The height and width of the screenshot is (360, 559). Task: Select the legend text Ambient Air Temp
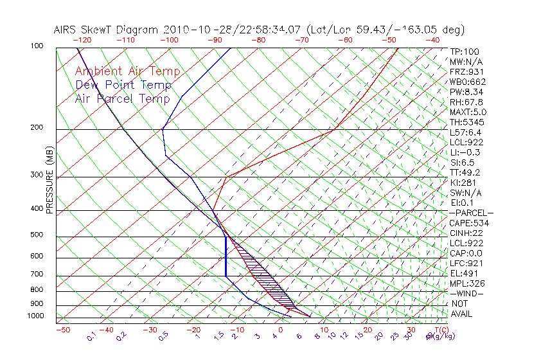pos(127,71)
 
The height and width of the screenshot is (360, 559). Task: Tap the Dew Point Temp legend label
pos(123,85)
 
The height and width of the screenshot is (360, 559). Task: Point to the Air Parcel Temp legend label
pos(122,98)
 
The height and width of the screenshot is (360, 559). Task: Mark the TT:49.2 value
pos(464,172)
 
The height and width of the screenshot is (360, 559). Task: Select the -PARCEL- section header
pos(471,213)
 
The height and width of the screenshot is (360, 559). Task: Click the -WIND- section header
pos(467,293)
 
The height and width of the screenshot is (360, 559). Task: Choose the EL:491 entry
pos(462,273)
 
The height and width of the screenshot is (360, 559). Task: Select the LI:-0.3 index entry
pos(464,152)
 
